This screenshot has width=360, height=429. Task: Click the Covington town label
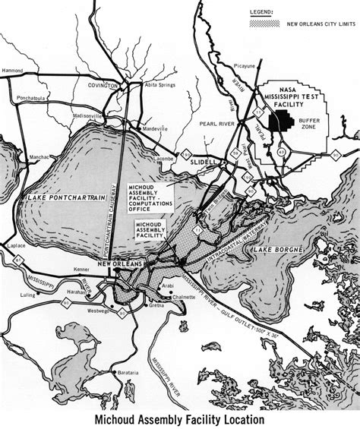[x=103, y=86]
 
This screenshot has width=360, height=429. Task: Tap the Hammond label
[x=11, y=69]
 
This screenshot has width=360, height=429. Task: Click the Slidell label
[x=204, y=163]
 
